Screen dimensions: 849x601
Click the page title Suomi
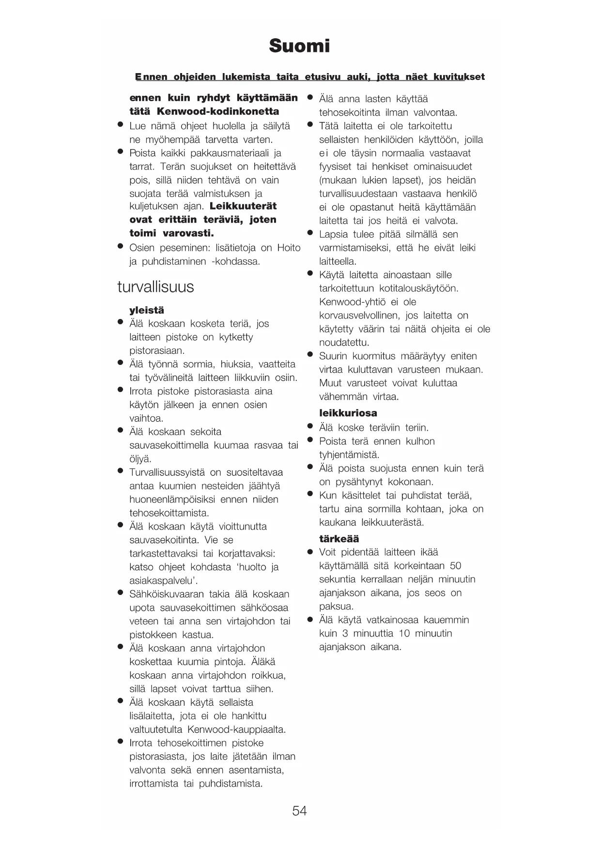pyautogui.click(x=299, y=46)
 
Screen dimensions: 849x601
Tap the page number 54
pyautogui.click(x=299, y=811)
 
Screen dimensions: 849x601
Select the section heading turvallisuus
pyautogui.click(x=155, y=287)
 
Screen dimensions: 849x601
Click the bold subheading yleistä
pyautogui.click(x=147, y=310)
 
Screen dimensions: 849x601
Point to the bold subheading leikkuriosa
pyautogui.click(x=348, y=413)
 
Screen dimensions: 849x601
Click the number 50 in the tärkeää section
pyautogui.click(x=455, y=566)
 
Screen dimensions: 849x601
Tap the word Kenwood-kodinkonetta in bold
pyautogui.click(x=218, y=111)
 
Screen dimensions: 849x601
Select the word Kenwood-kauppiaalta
pyautogui.click(x=236, y=729)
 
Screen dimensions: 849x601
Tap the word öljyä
pyautogui.click(x=140, y=459)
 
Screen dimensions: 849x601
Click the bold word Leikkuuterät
pyautogui.click(x=243, y=206)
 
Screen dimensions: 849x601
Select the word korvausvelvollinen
pyautogui.click(x=359, y=316)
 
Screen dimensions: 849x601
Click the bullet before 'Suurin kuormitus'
pyautogui.click(x=310, y=355)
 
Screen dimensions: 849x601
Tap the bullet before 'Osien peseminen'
pyautogui.click(x=121, y=246)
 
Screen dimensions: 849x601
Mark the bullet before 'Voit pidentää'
pyautogui.click(x=310, y=551)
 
